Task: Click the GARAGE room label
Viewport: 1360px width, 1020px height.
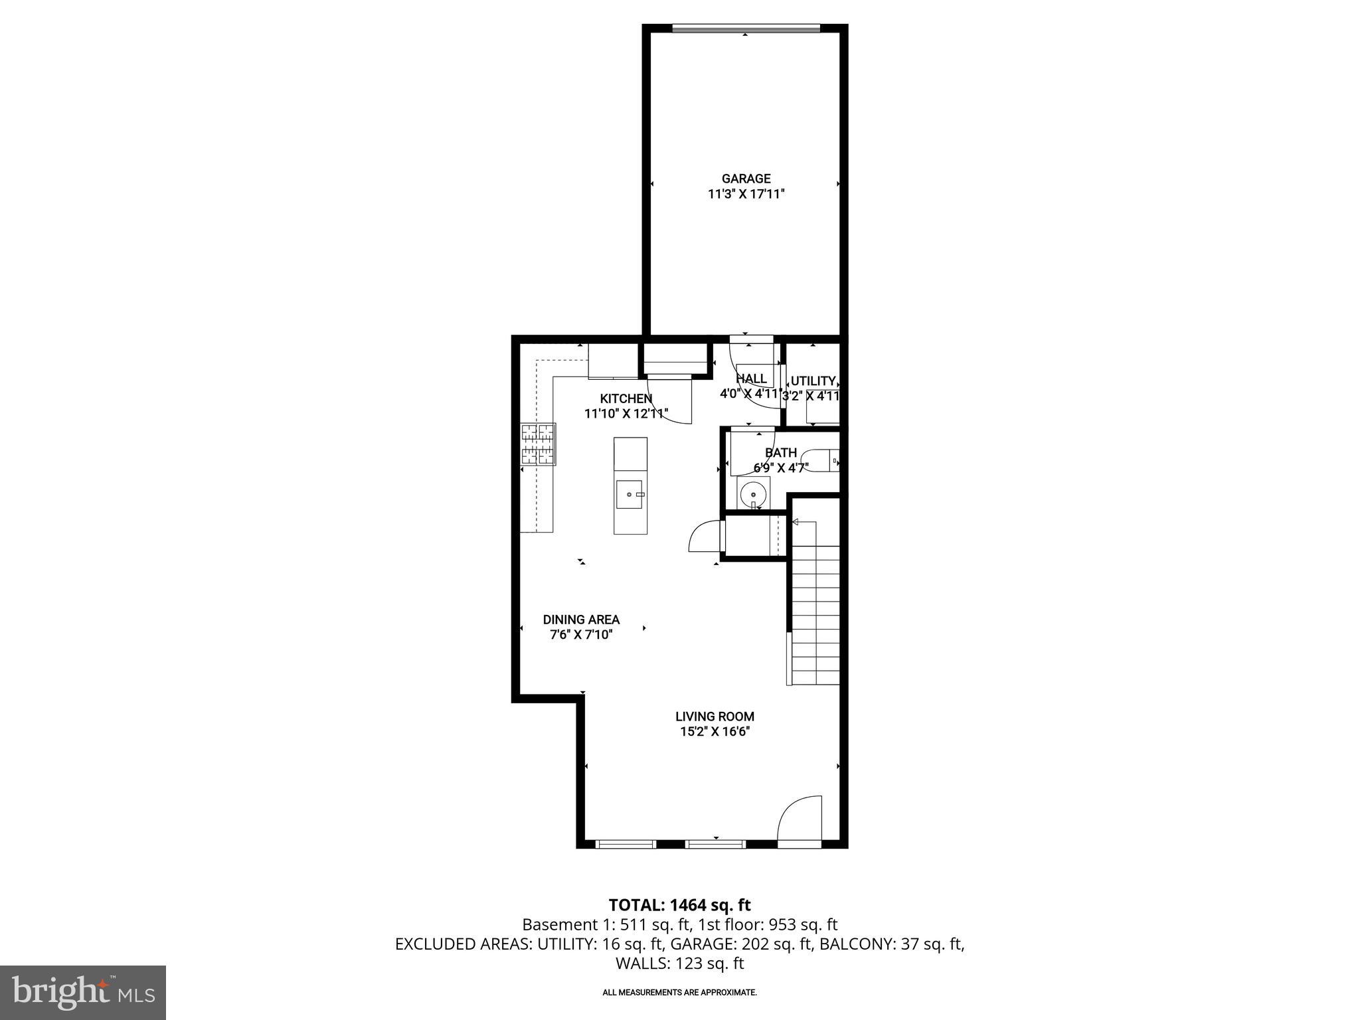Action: click(746, 179)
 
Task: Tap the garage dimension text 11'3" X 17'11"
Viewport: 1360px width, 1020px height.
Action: click(746, 195)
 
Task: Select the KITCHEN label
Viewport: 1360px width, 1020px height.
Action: click(626, 398)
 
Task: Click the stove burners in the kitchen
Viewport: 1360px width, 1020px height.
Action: click(538, 444)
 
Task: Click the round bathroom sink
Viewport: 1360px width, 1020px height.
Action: click(753, 494)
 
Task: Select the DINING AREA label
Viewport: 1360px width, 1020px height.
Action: click(581, 620)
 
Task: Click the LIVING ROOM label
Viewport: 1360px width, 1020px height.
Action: click(715, 717)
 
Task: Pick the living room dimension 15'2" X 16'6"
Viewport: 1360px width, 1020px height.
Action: click(715, 732)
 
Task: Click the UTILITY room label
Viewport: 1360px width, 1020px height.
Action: click(813, 381)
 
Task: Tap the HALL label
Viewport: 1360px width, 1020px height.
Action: click(752, 379)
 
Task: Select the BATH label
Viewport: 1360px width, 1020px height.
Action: click(780, 453)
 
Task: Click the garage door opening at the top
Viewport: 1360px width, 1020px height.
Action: click(745, 28)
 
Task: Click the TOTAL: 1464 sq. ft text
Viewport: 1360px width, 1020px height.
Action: click(679, 905)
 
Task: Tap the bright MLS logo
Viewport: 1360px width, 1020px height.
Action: click(83, 992)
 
